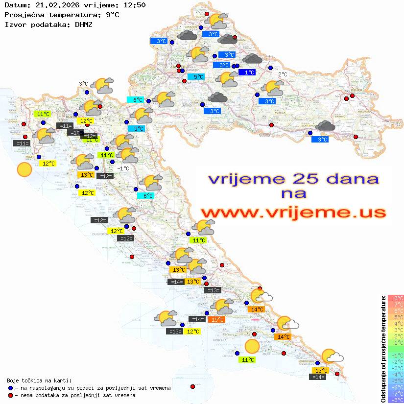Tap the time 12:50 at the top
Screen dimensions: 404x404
point(134,5)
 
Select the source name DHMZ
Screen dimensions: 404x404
point(83,24)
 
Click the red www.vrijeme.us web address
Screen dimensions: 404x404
point(293,213)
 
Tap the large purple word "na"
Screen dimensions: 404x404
point(294,193)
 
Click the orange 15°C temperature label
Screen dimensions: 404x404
point(217,320)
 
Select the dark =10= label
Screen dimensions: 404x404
point(75,133)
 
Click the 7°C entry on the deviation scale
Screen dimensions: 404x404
point(395,304)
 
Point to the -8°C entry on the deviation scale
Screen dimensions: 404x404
point(395,400)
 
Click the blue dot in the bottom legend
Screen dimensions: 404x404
point(10,388)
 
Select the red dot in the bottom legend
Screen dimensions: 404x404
point(10,395)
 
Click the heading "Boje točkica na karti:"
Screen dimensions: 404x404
point(39,380)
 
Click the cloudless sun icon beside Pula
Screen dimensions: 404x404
point(24,170)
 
